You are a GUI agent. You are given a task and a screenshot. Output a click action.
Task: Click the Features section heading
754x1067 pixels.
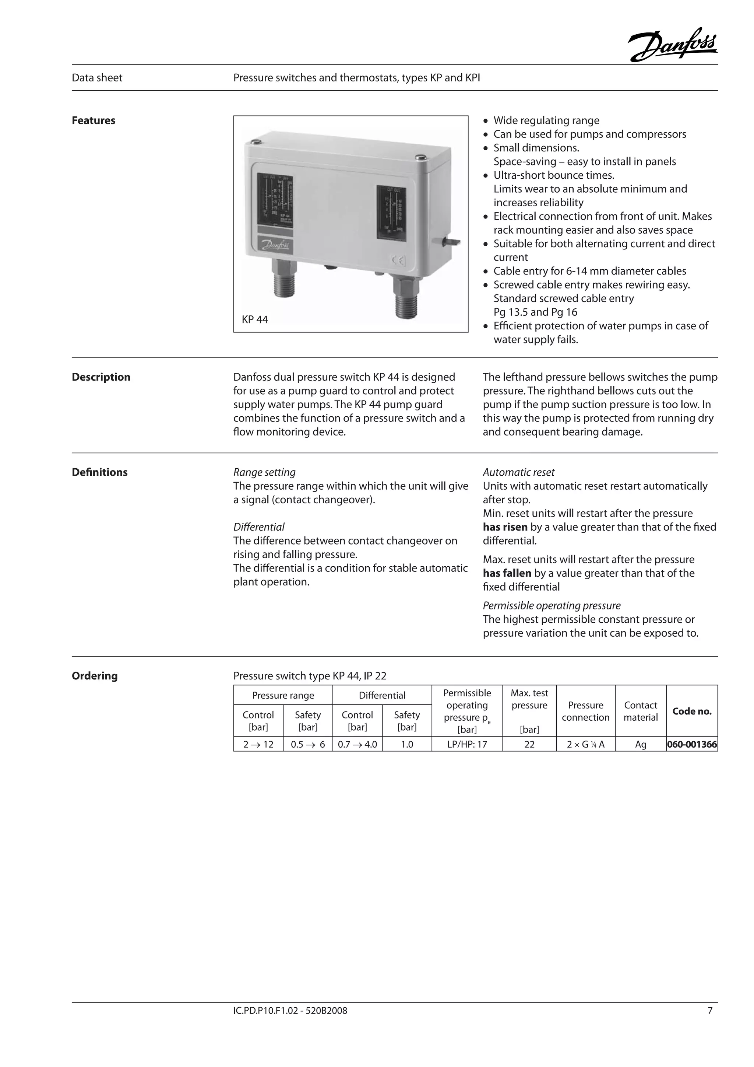tap(93, 120)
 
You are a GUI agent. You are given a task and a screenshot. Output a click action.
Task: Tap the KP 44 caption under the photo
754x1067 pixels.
tap(254, 319)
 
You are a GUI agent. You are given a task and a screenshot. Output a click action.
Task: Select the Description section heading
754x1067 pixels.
tap(101, 377)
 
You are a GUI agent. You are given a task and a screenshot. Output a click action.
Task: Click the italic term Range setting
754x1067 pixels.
tap(264, 472)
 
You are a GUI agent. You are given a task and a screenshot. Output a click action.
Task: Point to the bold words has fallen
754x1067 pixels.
tap(507, 573)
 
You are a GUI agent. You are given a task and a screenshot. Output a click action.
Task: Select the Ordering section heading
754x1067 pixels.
tap(95, 676)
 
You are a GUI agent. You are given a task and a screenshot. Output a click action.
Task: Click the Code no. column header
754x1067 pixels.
tap(692, 711)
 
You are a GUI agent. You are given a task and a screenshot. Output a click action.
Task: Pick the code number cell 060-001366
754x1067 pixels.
tap(692, 745)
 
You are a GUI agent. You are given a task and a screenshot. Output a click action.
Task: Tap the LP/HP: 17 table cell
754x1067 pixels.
tap(467, 745)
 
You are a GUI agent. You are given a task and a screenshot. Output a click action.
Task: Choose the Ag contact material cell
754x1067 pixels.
tap(641, 745)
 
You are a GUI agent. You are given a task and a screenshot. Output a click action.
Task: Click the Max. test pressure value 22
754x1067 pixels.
tap(529, 745)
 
